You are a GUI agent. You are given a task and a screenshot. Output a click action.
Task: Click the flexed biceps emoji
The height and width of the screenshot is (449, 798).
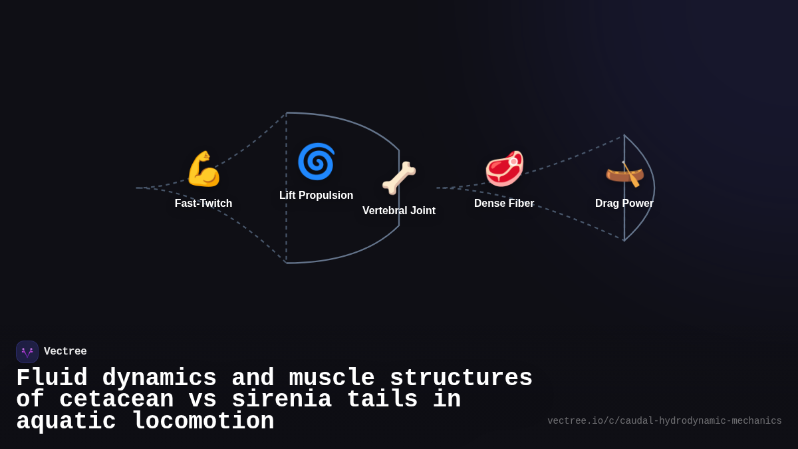(x=203, y=169)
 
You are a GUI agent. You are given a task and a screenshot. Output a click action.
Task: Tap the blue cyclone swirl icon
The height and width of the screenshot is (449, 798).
(x=316, y=162)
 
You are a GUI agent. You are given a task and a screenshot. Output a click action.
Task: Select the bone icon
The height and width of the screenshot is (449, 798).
(x=399, y=178)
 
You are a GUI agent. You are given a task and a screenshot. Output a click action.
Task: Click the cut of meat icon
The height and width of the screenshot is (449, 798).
(x=504, y=168)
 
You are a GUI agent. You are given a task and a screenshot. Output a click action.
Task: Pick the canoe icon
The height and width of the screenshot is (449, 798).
(x=624, y=173)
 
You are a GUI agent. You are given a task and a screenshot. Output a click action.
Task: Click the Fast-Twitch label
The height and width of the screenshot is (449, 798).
(x=203, y=204)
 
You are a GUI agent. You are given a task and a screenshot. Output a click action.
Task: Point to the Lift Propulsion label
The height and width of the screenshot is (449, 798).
(x=316, y=196)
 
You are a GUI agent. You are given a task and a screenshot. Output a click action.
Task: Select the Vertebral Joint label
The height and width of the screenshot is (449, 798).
(x=399, y=211)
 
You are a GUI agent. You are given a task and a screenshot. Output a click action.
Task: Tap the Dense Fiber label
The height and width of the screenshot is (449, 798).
(x=504, y=204)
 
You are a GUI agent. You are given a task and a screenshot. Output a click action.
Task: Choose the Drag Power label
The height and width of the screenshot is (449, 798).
(x=624, y=204)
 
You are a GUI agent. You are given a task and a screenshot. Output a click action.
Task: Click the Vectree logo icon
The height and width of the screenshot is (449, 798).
(x=27, y=352)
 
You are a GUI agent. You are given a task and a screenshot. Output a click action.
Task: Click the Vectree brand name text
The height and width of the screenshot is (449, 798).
(x=65, y=352)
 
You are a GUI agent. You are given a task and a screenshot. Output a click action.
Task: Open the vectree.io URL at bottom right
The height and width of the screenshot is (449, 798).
(x=664, y=421)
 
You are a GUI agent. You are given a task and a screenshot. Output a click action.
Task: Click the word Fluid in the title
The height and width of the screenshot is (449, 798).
(x=52, y=378)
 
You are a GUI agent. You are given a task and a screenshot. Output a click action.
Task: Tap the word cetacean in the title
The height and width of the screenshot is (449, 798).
(x=116, y=400)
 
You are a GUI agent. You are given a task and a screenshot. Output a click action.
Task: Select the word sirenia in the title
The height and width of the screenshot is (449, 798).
(x=281, y=400)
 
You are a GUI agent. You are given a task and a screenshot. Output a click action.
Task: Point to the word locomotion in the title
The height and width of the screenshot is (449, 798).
(x=203, y=422)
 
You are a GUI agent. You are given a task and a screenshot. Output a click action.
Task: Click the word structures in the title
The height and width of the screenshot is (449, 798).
(x=461, y=378)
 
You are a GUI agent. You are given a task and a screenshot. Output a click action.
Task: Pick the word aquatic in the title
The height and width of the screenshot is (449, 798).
(x=66, y=422)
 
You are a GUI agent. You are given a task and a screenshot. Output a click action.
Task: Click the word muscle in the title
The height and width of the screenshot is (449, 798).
(x=332, y=378)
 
